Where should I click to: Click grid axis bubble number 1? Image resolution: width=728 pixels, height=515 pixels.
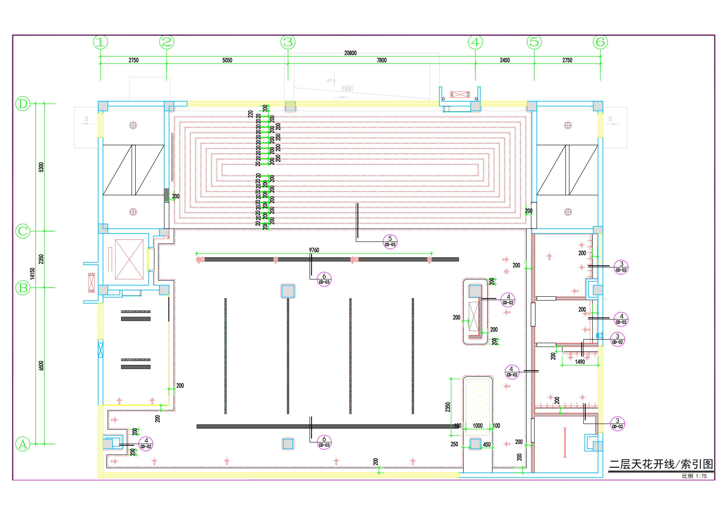tap(101, 42)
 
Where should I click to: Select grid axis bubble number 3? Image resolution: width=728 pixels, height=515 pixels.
tap(288, 42)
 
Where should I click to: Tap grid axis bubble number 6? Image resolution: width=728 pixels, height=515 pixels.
tap(600, 42)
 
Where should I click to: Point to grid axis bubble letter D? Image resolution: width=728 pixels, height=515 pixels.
tap(23, 104)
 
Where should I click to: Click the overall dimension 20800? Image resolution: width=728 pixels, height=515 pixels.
tap(350, 53)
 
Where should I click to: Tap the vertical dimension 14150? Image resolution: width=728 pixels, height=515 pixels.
tap(32, 273)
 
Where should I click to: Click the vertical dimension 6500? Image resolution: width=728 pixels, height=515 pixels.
tap(41, 365)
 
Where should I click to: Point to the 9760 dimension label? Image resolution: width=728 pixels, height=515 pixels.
tap(314, 250)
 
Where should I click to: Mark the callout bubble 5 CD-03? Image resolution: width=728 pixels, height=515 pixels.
tap(390, 241)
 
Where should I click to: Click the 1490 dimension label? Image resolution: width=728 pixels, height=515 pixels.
tap(580, 362)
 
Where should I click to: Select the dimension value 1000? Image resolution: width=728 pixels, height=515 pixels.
tap(478, 426)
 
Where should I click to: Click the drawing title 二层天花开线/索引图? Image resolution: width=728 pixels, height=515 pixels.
tap(661, 465)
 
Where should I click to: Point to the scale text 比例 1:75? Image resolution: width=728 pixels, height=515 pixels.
tap(694, 476)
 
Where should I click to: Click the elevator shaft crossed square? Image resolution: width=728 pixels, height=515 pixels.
tap(129, 259)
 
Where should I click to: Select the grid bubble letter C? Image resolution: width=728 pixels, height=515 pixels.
tap(23, 231)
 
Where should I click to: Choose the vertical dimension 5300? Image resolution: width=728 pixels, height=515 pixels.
tap(41, 167)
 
